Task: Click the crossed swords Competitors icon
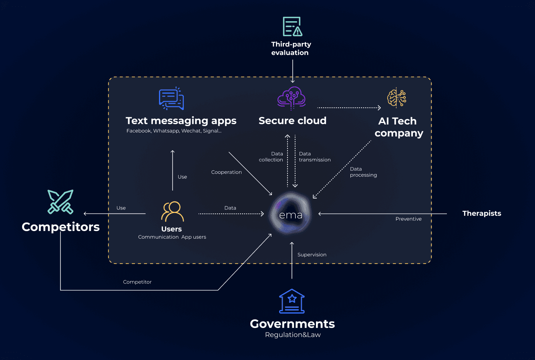tap(60, 201)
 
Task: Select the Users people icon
tap(172, 211)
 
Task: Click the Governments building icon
tap(292, 301)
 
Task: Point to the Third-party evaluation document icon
tap(292, 26)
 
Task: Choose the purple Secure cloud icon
tap(292, 98)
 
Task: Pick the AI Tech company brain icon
tap(396, 98)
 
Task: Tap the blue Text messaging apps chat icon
tap(171, 99)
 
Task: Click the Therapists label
tap(482, 213)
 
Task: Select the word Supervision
tap(312, 255)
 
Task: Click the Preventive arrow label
tap(408, 219)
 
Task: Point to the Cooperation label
tap(227, 172)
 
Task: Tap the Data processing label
tap(363, 172)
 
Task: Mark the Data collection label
tap(271, 157)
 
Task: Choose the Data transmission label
tap(315, 157)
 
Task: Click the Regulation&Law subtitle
tap(293, 335)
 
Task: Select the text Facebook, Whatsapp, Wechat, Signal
tap(174, 131)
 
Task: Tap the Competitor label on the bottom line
tap(137, 282)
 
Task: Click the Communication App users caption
tap(172, 237)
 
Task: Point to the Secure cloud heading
tap(292, 121)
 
